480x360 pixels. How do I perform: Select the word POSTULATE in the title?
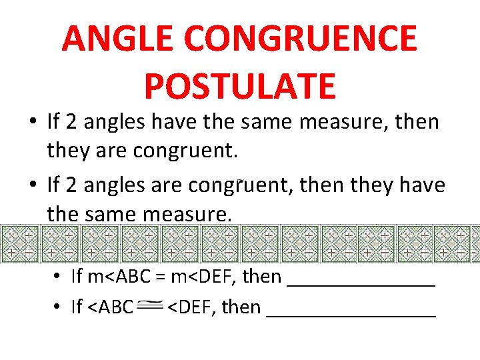coord(239,86)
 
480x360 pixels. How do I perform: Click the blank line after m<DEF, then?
coord(361,278)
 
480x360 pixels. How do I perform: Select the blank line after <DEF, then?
coord(351,309)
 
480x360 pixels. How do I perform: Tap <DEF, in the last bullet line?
coord(191,307)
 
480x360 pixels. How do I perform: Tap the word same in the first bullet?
coord(269,122)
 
